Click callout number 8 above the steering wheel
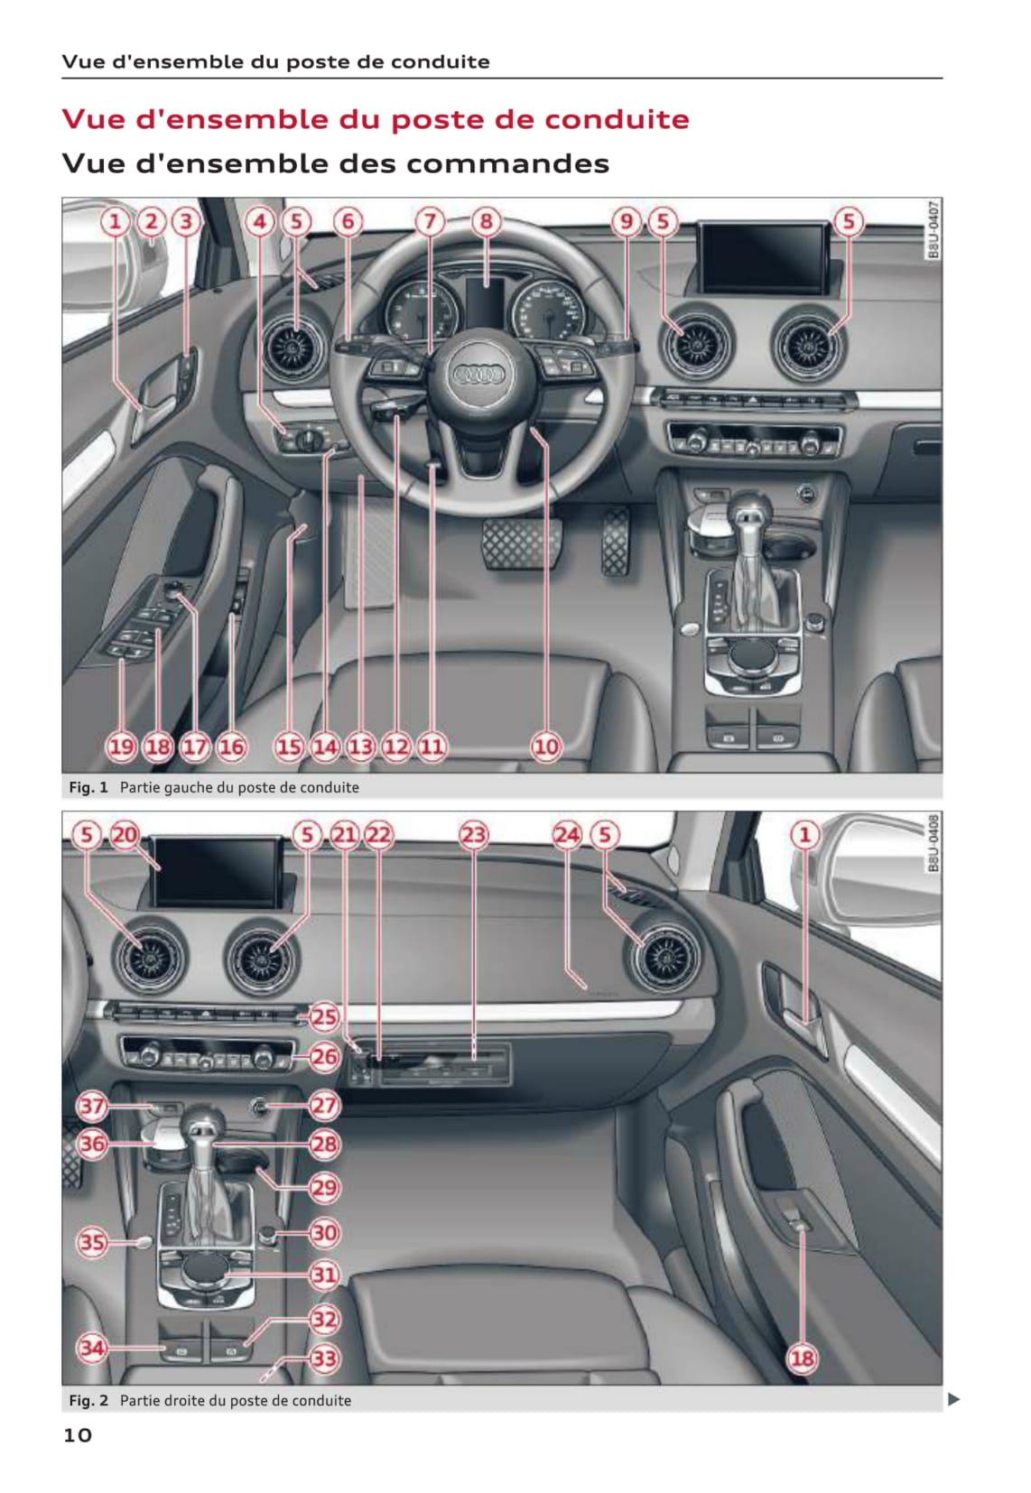486,221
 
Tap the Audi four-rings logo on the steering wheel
479,375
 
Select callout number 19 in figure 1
121,746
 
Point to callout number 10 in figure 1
546,746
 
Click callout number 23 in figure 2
473,834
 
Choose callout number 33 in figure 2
325,1358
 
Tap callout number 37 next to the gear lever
92,1106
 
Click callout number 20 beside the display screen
124,834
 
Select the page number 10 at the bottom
78,1435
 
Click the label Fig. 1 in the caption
88,787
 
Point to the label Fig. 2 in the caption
88,1400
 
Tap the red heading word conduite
618,119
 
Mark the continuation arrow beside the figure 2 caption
953,1399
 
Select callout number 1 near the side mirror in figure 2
804,834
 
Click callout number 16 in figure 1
230,746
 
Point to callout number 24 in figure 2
566,834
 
